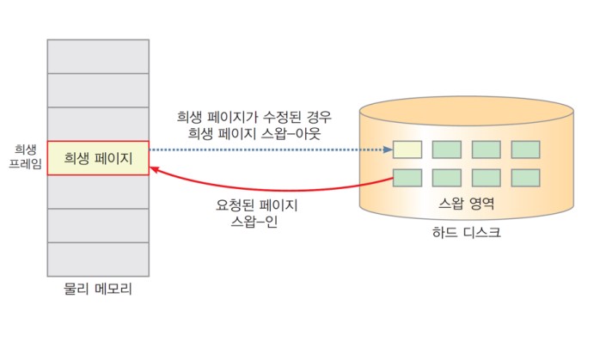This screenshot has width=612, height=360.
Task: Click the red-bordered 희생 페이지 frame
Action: coord(98,158)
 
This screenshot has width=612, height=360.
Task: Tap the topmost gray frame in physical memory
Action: coord(98,56)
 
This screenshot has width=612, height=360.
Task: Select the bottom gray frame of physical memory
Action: coord(98,259)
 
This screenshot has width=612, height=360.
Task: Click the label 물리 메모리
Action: coord(98,289)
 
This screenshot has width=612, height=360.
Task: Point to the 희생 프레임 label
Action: coord(24,156)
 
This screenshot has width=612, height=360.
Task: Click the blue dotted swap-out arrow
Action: coord(266,149)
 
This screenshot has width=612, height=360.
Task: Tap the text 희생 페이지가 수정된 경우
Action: coord(254,117)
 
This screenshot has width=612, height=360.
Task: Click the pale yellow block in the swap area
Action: coord(407,149)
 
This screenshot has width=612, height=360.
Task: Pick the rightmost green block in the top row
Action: coord(525,149)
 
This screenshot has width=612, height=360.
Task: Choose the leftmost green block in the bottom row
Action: coord(407,178)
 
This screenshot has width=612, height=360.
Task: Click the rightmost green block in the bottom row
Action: coord(525,178)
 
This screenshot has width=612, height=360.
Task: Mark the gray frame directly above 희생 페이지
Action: coord(98,124)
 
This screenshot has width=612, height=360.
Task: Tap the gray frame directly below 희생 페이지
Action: coord(98,192)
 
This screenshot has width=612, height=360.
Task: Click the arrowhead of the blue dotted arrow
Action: coord(387,149)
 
